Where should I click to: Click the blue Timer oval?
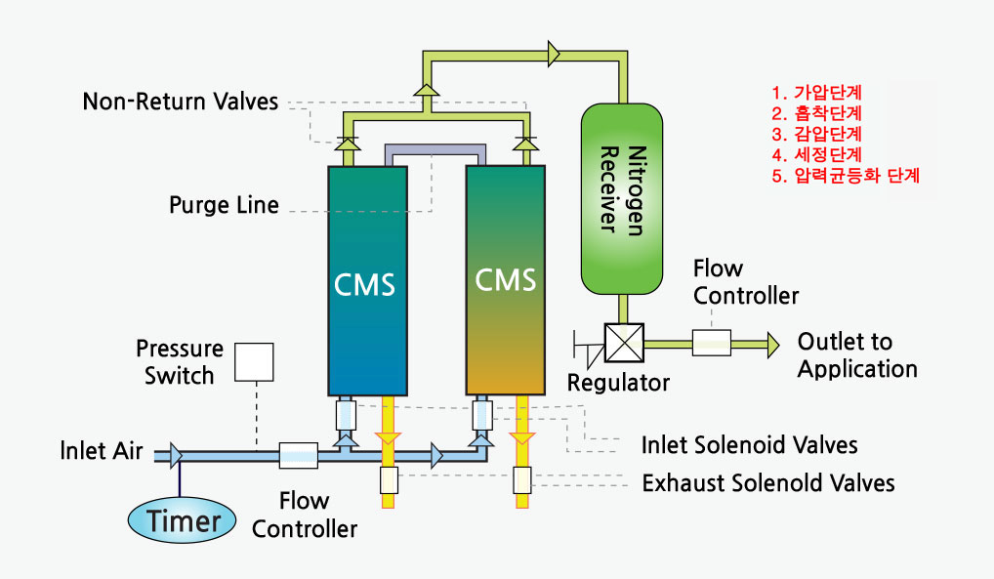[x=183, y=519]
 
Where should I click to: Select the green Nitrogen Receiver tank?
[x=621, y=200]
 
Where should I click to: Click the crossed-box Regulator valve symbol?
[x=621, y=343]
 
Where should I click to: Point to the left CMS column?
[x=367, y=281]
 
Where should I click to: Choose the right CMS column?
[x=505, y=279]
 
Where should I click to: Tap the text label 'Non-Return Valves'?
[x=181, y=102]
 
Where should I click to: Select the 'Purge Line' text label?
[x=224, y=205]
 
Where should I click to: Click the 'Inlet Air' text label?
[x=102, y=452]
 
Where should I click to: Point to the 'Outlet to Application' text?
[x=857, y=354]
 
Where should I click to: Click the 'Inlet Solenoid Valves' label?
[x=749, y=445]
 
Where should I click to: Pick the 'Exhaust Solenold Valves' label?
[x=767, y=482]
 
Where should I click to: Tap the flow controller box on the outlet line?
[x=712, y=342]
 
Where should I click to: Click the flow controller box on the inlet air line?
[x=298, y=455]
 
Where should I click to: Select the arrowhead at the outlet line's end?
[x=772, y=343]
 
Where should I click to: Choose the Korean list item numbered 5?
[x=846, y=176]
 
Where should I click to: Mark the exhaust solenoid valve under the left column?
[x=388, y=480]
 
